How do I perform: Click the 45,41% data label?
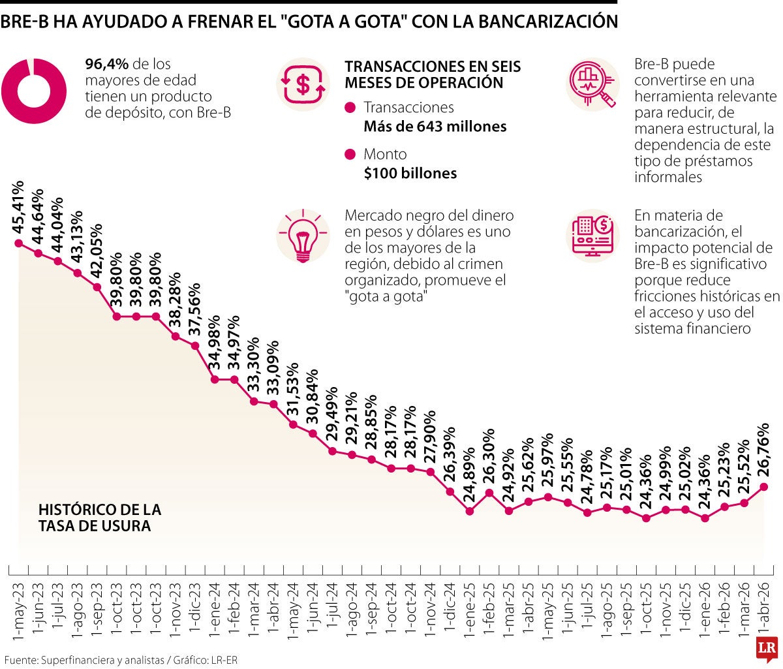coord(19,207)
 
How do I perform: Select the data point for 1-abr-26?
coord(763,486)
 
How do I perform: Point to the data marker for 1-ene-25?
coord(470,512)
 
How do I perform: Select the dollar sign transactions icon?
coord(302,83)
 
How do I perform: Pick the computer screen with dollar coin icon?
coord(592,235)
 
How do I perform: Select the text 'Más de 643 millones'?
coord(435,127)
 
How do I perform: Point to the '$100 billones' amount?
coord(410,174)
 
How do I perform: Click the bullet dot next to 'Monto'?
coord(350,155)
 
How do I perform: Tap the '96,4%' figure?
coord(108,64)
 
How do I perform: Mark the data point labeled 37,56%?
coord(195,345)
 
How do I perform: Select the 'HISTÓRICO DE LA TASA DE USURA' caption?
coord(99,518)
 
